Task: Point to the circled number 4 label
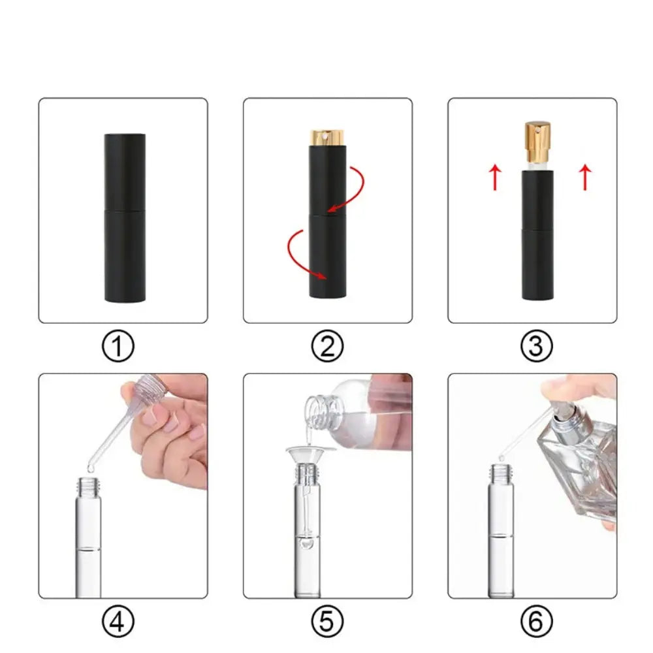[x=118, y=621]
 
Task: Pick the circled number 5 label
[x=327, y=621]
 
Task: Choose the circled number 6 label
[x=536, y=621]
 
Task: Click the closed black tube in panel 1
[x=125, y=217]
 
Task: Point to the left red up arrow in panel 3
[x=495, y=177]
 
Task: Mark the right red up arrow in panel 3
[x=585, y=177]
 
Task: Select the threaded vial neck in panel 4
[x=88, y=486]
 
